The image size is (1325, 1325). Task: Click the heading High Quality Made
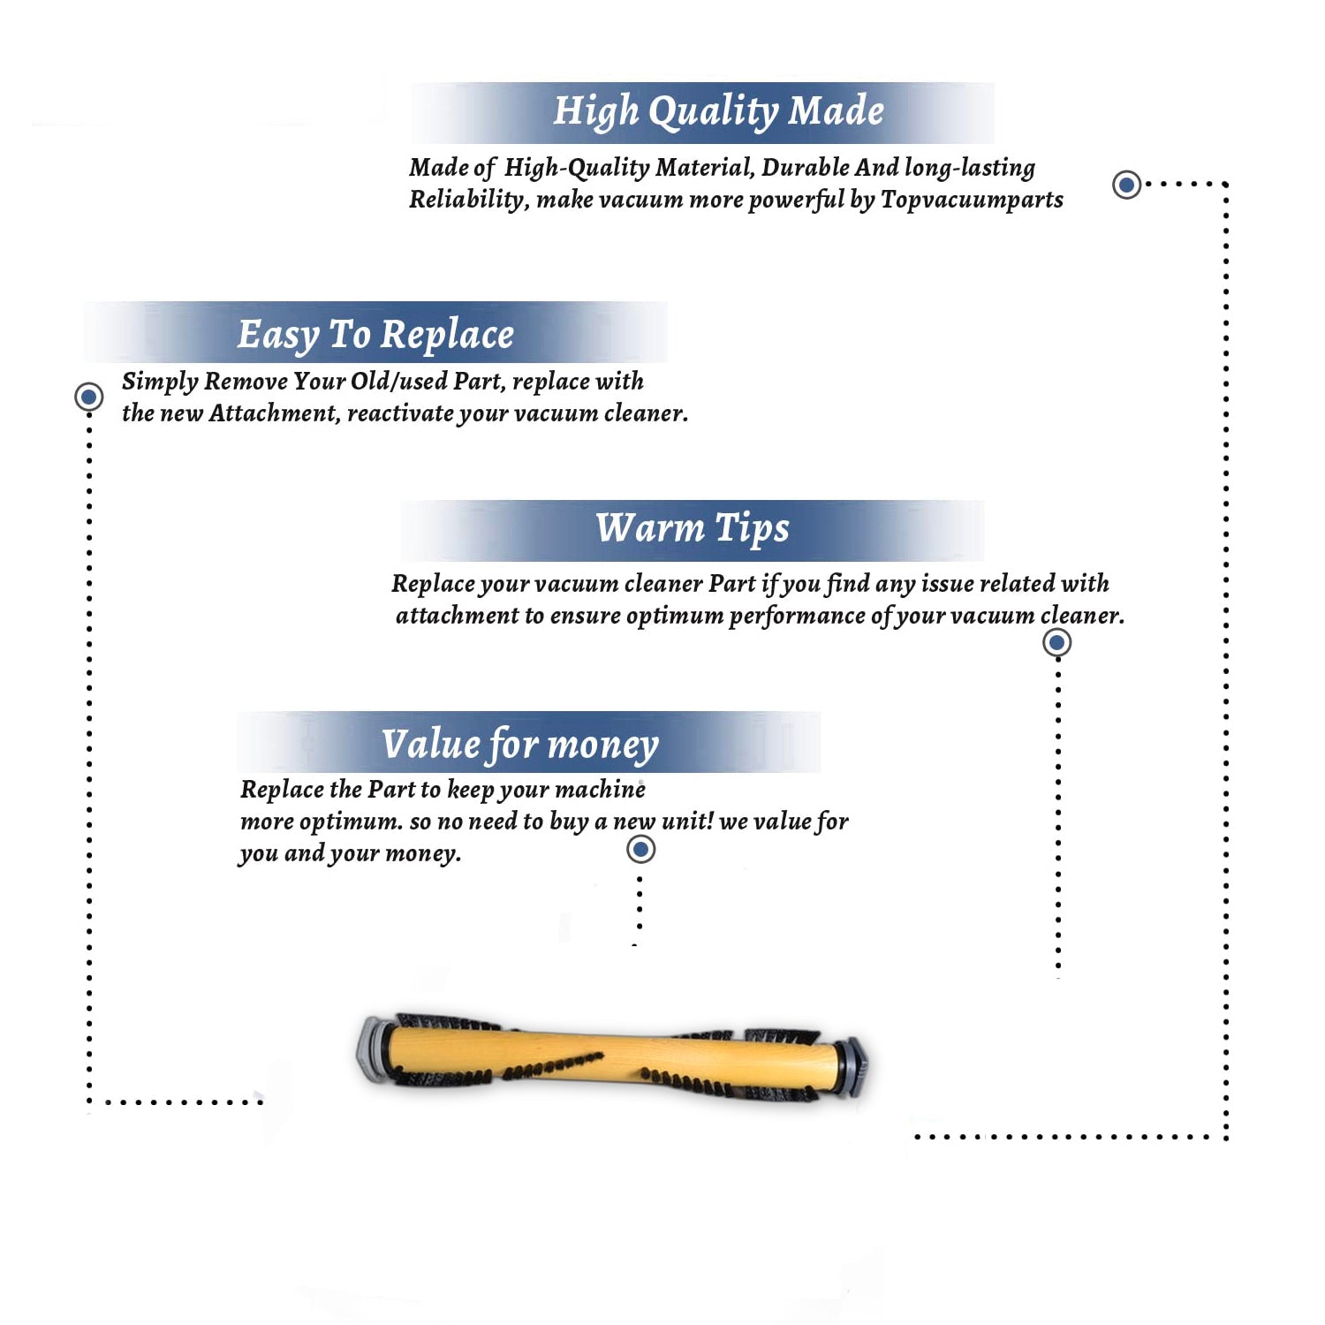(718, 112)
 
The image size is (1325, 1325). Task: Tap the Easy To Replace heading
(375, 336)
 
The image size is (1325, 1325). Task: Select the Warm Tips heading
(693, 529)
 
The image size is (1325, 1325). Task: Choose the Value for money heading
(520, 745)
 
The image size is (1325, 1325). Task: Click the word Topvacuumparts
(972, 201)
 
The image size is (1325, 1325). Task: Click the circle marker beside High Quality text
(1126, 185)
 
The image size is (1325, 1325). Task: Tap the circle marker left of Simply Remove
(88, 397)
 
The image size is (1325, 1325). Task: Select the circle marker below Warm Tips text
(1056, 642)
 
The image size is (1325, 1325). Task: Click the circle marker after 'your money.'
(640, 850)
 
